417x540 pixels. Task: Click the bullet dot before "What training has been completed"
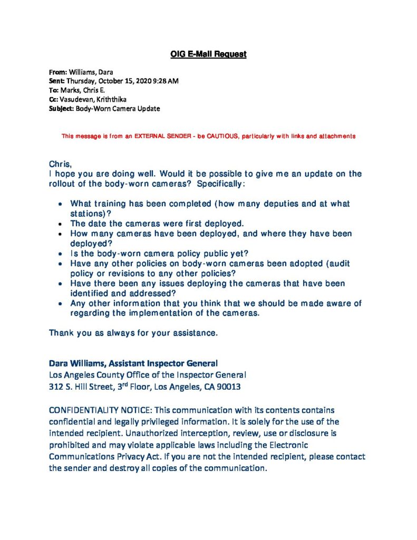tap(61, 204)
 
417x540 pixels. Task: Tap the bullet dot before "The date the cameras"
tap(61, 223)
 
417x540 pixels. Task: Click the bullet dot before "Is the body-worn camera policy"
tap(61, 253)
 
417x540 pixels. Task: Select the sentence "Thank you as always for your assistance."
tap(133, 333)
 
